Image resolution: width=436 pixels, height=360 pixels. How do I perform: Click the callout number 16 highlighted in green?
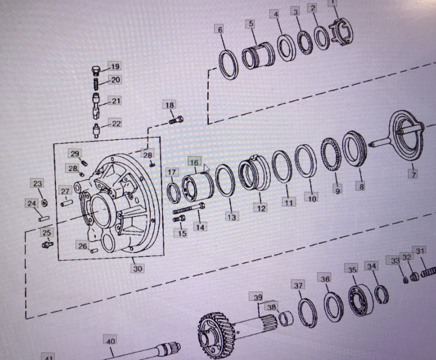click(x=194, y=163)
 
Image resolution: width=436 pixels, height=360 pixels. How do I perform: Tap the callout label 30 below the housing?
click(x=138, y=268)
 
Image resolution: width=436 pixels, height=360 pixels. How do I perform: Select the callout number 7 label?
click(x=414, y=174)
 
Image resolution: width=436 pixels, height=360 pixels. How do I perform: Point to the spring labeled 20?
click(x=96, y=83)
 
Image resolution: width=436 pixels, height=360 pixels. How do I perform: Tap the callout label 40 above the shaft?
click(x=110, y=341)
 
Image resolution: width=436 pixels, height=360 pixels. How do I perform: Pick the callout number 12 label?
click(x=261, y=208)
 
